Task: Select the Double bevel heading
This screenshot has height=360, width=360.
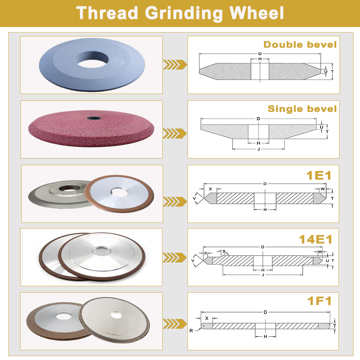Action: pyautogui.click(x=300, y=45)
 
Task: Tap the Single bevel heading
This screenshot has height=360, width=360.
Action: pyautogui.click(x=302, y=109)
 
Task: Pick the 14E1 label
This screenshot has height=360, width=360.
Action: pyautogui.click(x=315, y=239)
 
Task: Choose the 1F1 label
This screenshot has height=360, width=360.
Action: pyautogui.click(x=319, y=301)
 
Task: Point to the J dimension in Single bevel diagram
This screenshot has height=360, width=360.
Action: pyautogui.click(x=258, y=149)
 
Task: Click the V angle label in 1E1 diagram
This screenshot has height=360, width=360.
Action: pyautogui.click(x=195, y=198)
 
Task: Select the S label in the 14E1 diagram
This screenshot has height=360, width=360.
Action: pyautogui.click(x=224, y=251)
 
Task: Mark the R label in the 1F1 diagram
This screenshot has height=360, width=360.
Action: pyautogui.click(x=191, y=330)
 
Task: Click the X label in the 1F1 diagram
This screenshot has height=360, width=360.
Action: pyautogui.click(x=207, y=318)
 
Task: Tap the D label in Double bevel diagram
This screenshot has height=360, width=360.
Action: pyautogui.click(x=260, y=54)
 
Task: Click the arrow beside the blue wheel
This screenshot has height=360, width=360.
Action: pyautogui.click(x=175, y=65)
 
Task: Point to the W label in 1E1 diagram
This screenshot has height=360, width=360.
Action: pyautogui.click(x=323, y=189)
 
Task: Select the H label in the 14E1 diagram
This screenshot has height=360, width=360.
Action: pyautogui.click(x=263, y=270)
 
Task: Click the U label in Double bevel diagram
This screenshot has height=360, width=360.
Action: pyautogui.click(x=325, y=72)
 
